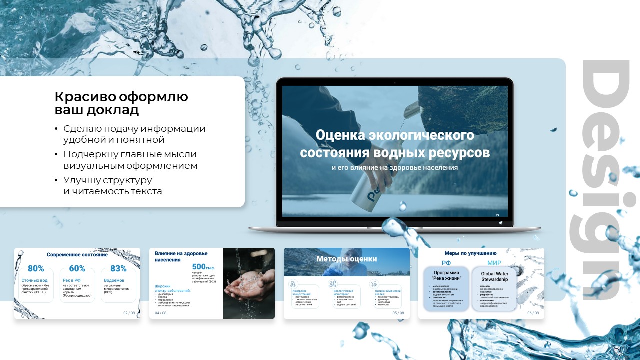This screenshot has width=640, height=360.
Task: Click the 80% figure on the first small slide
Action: click(x=36, y=268)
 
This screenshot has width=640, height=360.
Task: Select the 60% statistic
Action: click(x=77, y=268)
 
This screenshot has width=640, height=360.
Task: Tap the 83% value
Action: click(x=118, y=268)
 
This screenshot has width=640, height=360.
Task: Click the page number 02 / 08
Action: click(x=129, y=313)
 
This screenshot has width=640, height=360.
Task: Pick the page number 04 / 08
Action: click(x=161, y=313)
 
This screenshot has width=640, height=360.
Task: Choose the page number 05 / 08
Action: click(x=398, y=313)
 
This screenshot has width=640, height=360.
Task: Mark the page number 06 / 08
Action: click(x=533, y=313)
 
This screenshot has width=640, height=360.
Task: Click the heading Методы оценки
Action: click(x=346, y=259)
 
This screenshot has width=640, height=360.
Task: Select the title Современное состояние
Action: click(x=77, y=255)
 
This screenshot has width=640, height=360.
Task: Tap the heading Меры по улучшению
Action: click(x=470, y=253)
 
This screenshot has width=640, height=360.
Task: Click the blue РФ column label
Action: click(x=446, y=263)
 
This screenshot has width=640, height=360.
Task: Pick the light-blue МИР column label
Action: click(x=494, y=263)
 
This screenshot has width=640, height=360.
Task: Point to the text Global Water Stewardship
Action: click(x=494, y=276)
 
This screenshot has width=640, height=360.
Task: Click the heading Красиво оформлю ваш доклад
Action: click(x=121, y=103)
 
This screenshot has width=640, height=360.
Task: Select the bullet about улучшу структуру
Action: click(x=112, y=185)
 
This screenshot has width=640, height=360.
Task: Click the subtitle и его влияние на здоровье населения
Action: click(x=395, y=168)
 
